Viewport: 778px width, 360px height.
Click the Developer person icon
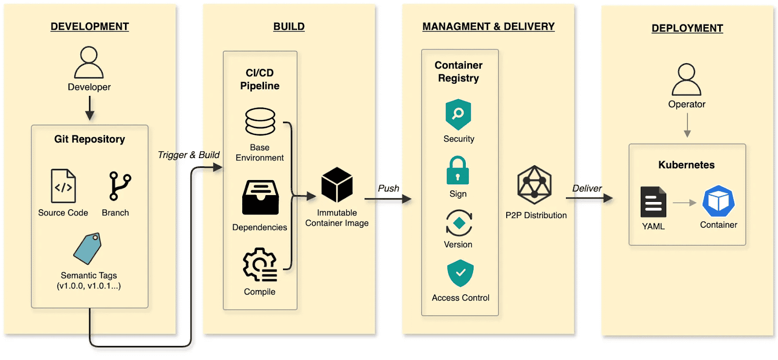89,62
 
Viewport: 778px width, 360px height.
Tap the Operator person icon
686,79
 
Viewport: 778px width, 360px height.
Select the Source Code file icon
63,186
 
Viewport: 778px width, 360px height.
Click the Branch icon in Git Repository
119,186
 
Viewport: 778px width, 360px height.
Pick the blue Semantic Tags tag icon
88,249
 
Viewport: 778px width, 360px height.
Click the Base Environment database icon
260,122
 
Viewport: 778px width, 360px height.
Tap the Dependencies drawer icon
260,198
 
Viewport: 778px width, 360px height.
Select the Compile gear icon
260,265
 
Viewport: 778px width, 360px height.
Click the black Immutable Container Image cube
337,185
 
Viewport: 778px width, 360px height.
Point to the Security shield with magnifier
458,114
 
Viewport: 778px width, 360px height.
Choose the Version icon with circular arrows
459,223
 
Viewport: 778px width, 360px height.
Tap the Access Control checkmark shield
460,273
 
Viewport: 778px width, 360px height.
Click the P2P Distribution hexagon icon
534,185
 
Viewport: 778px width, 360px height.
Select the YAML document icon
653,202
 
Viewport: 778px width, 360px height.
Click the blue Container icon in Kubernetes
718,201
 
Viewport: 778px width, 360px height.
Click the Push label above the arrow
389,188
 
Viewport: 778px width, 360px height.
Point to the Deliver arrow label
586,188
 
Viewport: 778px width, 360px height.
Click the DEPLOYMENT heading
687,28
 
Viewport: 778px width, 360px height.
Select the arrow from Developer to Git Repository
89,108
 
